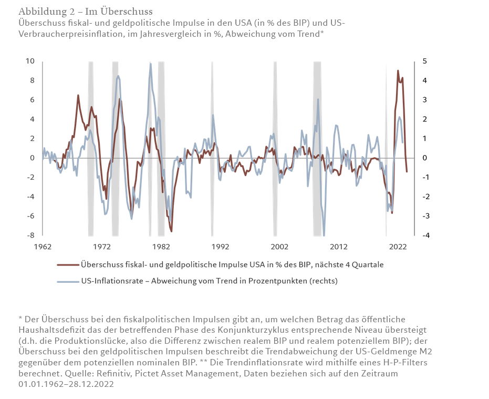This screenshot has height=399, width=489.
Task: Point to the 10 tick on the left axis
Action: point(30,61)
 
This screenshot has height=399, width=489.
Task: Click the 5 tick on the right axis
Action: point(424,61)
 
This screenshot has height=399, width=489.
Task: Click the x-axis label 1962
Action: point(43,246)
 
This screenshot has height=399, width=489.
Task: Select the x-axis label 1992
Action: point(220,246)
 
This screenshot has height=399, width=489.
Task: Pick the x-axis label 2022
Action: point(398,246)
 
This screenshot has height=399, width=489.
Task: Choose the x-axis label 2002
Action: point(279,246)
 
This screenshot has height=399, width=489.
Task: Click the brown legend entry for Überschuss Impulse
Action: point(232,264)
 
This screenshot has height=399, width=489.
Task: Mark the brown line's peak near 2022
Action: point(398,70)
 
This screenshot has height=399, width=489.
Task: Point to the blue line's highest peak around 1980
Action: point(151,64)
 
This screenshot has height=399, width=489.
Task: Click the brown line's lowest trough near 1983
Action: point(171,231)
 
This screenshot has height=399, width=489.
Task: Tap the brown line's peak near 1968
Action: point(78,95)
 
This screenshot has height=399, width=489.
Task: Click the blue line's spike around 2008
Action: point(318,99)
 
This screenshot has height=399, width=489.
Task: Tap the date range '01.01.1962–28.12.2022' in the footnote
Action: point(66,384)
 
